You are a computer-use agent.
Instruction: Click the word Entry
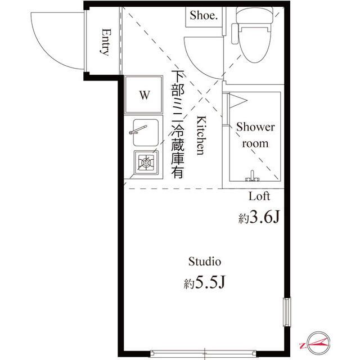tap(105, 42)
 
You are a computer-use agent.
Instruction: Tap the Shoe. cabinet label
tap(203, 15)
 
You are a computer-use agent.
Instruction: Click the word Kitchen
tap(200, 136)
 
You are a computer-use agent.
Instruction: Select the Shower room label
tap(255, 135)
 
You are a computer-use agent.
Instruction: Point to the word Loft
tap(259, 196)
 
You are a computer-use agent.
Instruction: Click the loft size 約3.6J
tap(259, 218)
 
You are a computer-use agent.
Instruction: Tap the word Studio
tap(204, 262)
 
